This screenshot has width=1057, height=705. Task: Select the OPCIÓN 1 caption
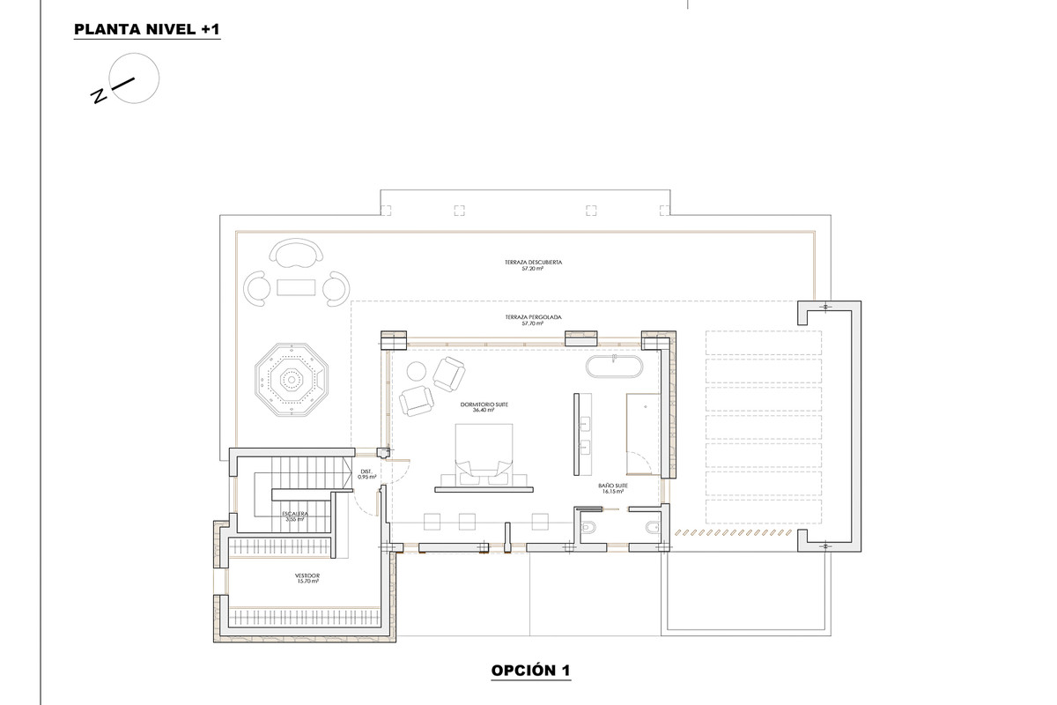point(530,672)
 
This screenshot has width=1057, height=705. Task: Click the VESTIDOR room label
point(307,578)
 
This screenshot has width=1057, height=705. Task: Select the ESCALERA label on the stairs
point(293,516)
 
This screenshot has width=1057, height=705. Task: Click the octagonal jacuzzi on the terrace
point(289,380)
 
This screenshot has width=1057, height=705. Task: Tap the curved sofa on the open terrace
point(295,255)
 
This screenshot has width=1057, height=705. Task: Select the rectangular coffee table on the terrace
point(295,287)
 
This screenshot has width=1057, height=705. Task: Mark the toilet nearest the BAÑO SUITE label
point(590,528)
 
